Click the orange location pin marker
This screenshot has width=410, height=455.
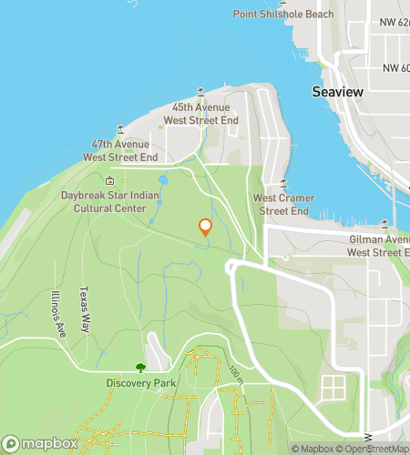(x=205, y=227)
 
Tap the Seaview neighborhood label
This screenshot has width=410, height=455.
(x=338, y=92)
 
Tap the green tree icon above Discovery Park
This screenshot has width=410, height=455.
(x=140, y=367)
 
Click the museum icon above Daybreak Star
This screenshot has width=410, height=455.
(x=110, y=180)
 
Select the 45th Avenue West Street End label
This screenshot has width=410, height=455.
(x=200, y=114)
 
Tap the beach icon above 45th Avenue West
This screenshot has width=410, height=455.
(x=201, y=92)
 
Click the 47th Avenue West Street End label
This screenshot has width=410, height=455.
(x=121, y=150)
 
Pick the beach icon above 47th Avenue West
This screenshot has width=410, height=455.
(x=118, y=129)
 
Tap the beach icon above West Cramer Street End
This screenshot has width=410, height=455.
(x=283, y=183)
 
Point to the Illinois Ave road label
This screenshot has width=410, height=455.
(x=58, y=314)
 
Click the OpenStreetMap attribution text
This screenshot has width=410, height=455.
(x=370, y=448)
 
